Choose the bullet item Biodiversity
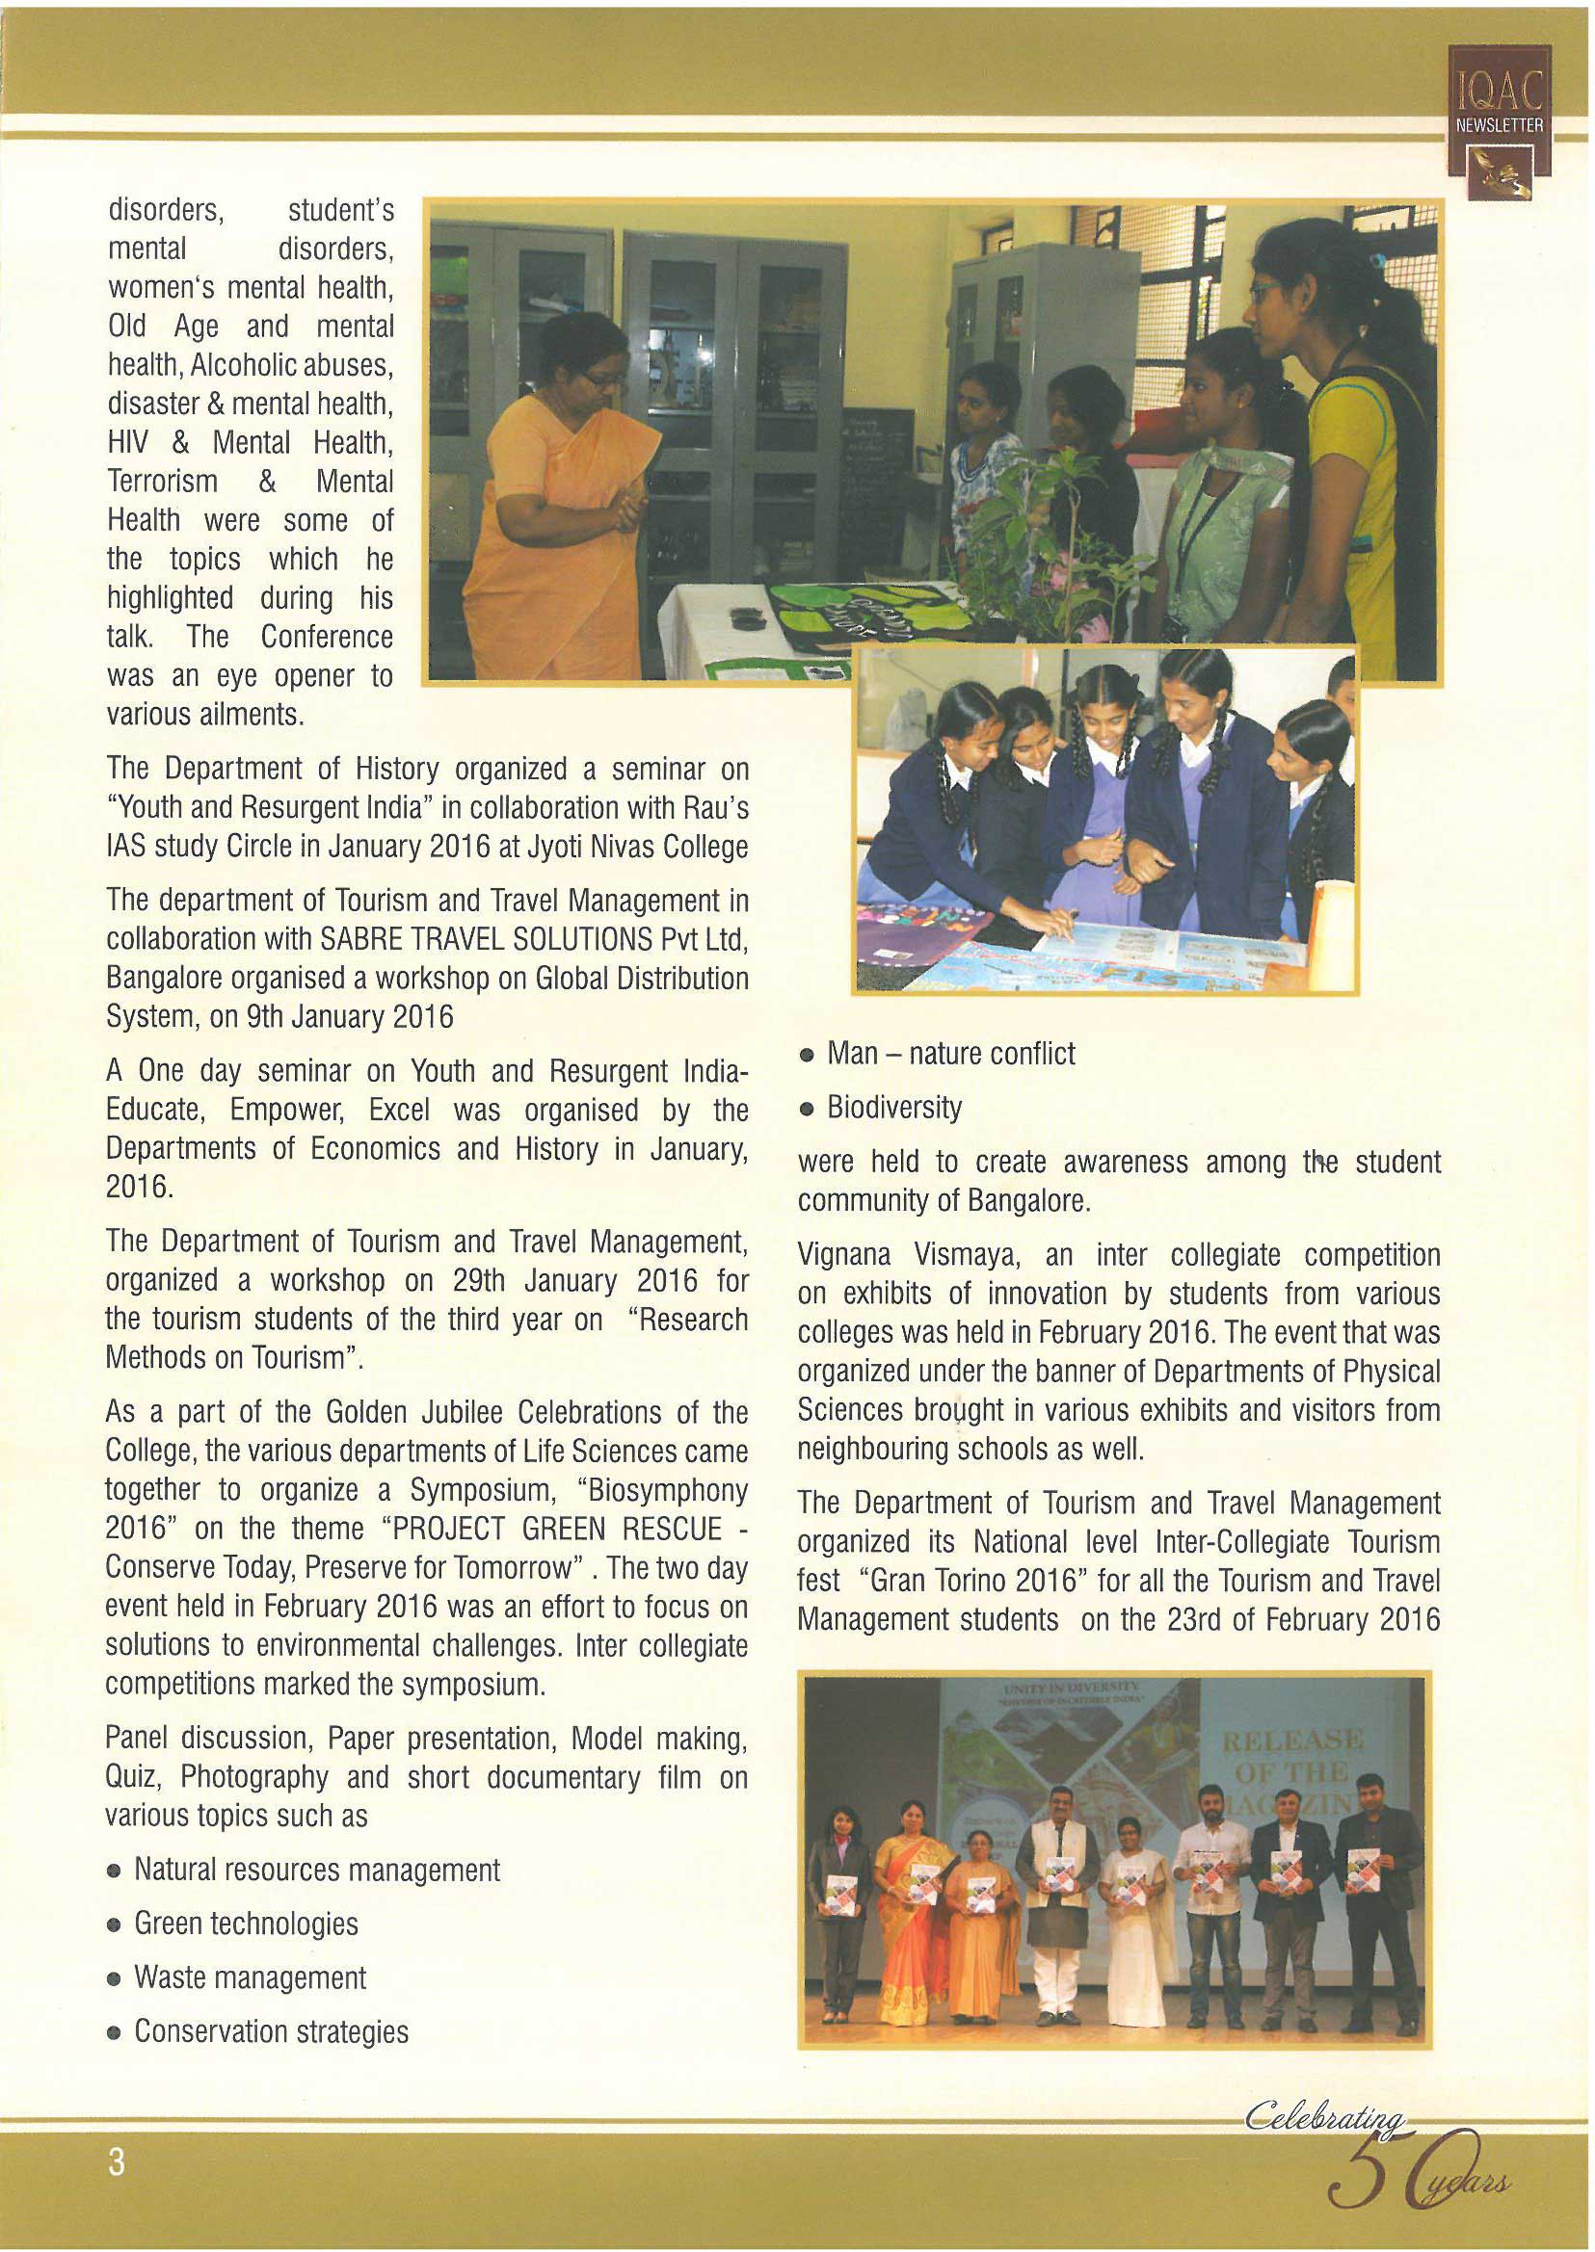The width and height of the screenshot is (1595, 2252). click(x=893, y=1108)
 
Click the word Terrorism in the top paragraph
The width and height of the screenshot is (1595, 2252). click(x=162, y=481)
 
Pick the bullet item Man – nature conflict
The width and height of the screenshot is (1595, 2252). click(x=950, y=1054)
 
